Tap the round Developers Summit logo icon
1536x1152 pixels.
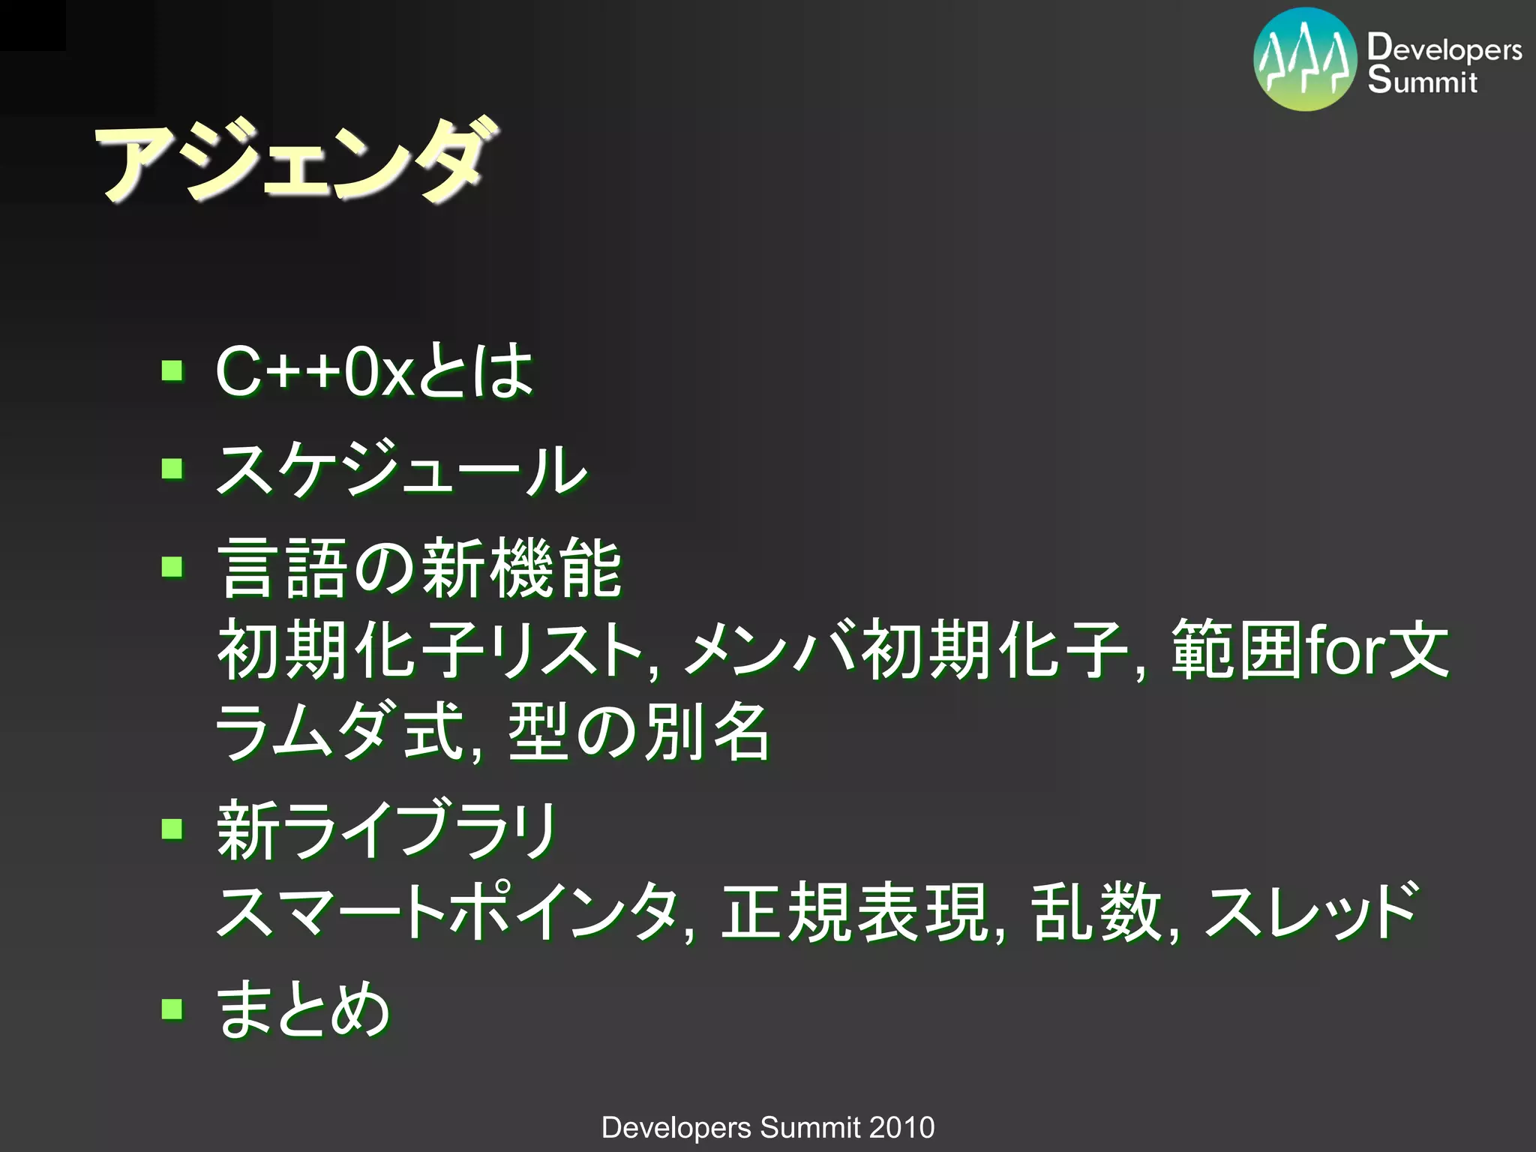pyautogui.click(x=1305, y=60)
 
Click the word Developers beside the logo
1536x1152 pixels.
pyautogui.click(x=1444, y=48)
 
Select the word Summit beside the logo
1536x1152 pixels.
pyautogui.click(x=1421, y=81)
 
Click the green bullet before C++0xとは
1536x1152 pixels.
pyautogui.click(x=172, y=370)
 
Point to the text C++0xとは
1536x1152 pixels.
pyautogui.click(x=373, y=370)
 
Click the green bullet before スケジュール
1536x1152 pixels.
pyautogui.click(x=172, y=469)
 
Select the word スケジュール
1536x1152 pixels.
pyautogui.click(x=401, y=469)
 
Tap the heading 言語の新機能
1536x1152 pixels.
pyautogui.click(x=418, y=568)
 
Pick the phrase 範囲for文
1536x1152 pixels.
pyautogui.click(x=1309, y=650)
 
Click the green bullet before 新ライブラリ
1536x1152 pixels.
pyautogui.click(x=172, y=829)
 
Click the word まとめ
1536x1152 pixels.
pyautogui.click(x=303, y=1009)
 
